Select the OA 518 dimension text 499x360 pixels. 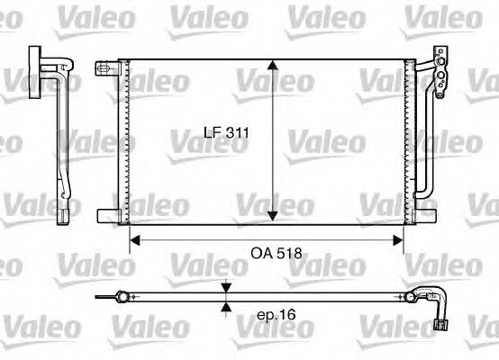[277, 255]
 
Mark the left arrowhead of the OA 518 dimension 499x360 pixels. [135, 239]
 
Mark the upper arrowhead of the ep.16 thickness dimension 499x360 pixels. [224, 288]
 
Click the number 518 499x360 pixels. [289, 255]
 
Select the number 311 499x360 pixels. [236, 134]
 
